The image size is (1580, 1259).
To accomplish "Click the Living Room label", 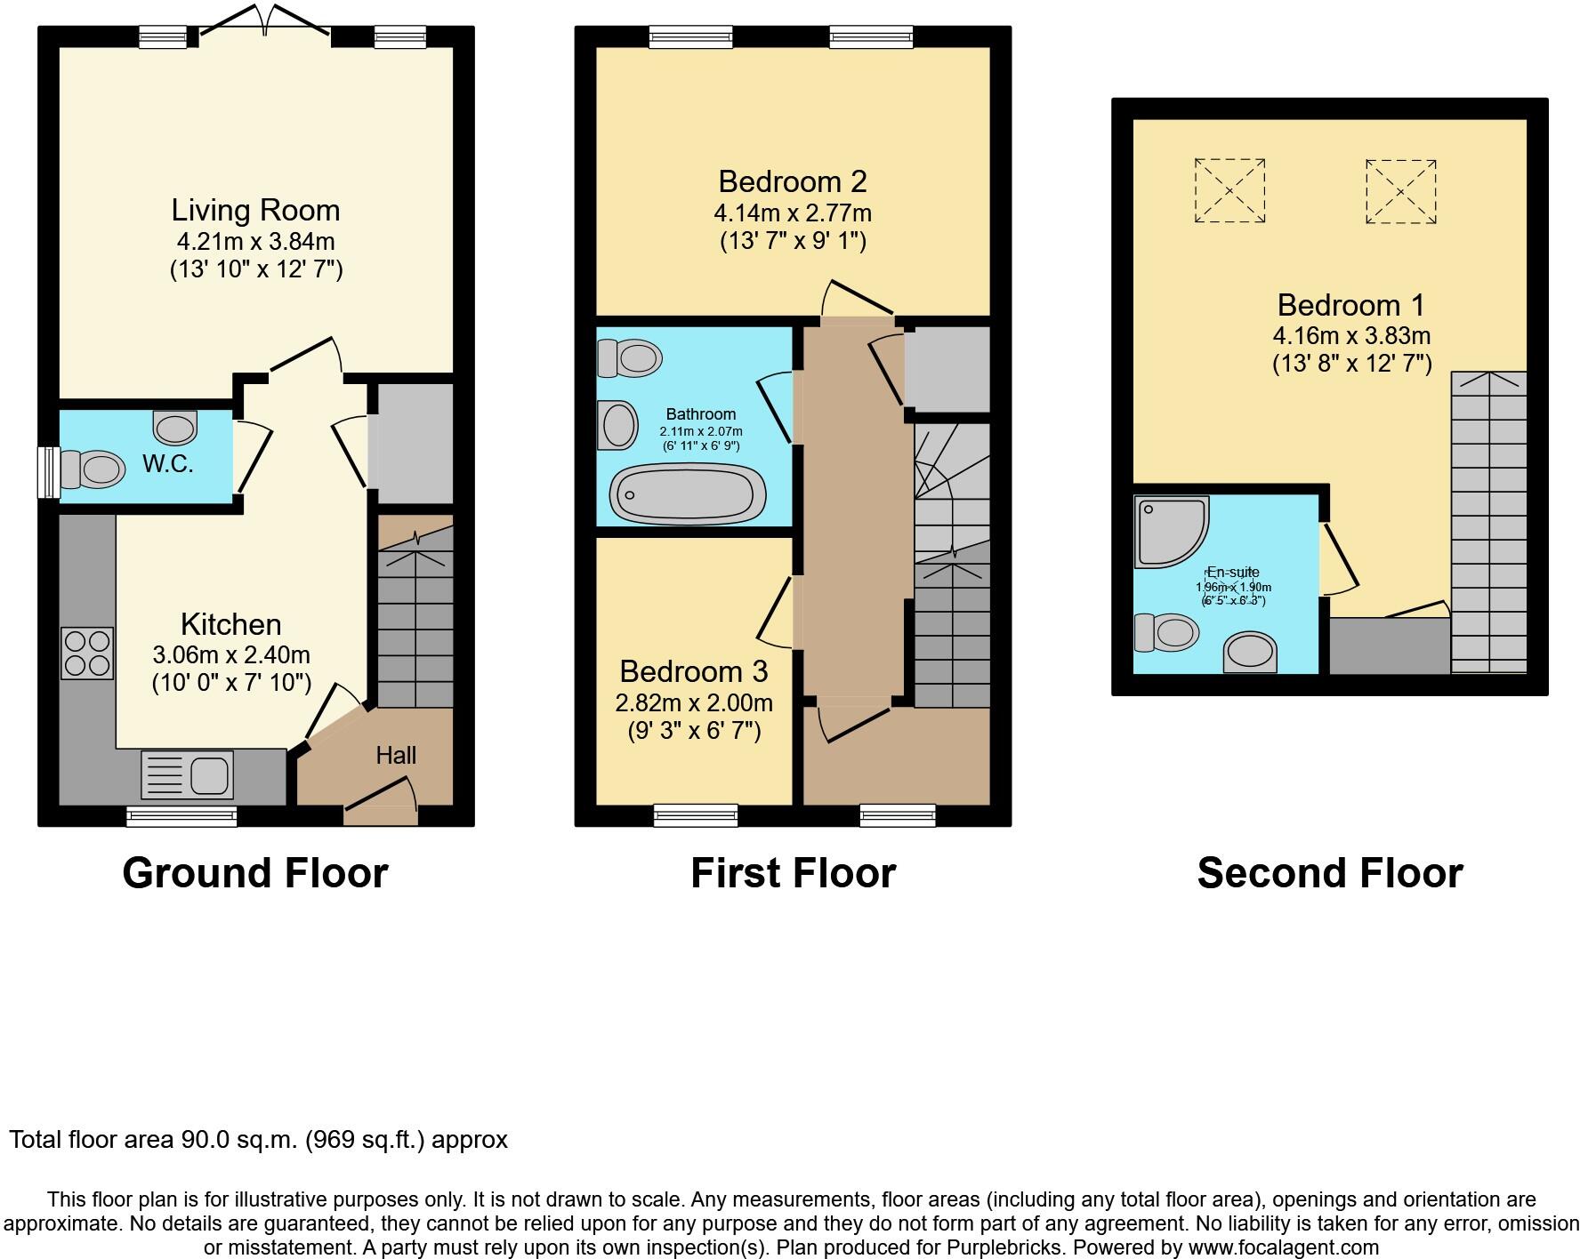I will (255, 211).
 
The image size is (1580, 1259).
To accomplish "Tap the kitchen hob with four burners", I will (87, 654).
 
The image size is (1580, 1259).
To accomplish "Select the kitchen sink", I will (187, 774).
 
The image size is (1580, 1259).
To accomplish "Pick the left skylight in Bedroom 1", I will (1229, 190).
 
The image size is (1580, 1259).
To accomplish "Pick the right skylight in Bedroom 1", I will (1400, 191).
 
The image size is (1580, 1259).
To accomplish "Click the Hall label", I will (396, 756).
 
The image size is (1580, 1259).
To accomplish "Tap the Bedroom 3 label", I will (693, 671).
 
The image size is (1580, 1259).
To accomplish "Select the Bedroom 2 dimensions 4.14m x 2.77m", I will (792, 213).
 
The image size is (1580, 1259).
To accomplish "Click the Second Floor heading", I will (1329, 873).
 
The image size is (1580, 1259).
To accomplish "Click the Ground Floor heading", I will (255, 873).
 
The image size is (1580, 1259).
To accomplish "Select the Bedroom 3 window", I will (695, 814).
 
